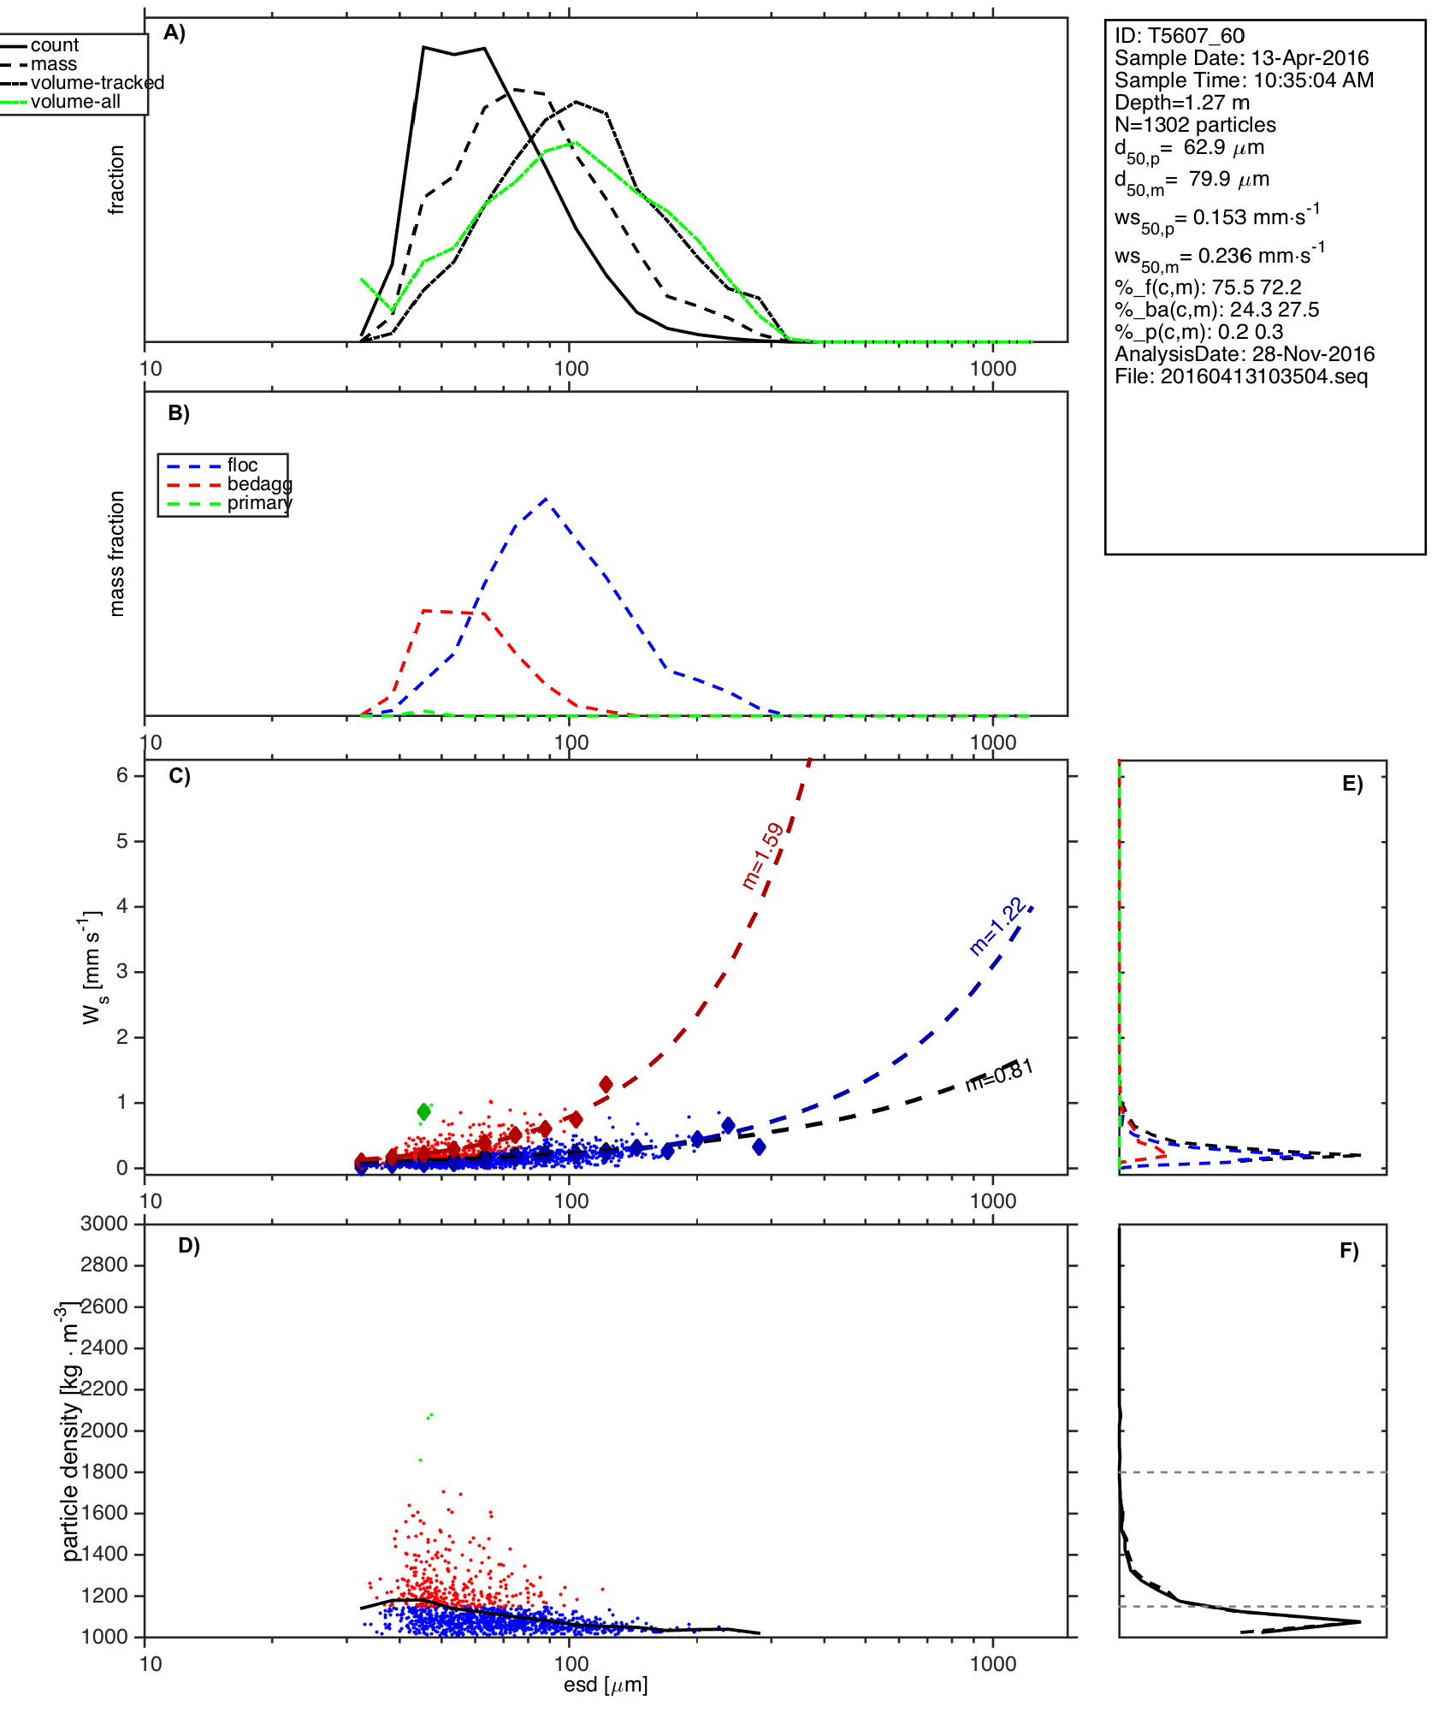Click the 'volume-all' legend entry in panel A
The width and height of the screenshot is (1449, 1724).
pos(75,102)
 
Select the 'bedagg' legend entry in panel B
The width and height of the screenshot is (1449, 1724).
pos(259,484)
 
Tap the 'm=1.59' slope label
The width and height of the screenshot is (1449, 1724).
pos(763,856)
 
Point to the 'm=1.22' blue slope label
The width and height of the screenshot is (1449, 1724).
pos(997,926)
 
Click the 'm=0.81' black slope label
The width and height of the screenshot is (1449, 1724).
pos(1000,1075)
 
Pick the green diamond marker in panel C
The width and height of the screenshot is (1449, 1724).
pos(423,1111)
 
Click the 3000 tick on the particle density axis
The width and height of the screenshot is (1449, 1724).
pos(103,1223)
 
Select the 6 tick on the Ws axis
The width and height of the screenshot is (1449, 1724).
pos(122,775)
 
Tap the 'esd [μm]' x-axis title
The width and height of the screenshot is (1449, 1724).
pos(606,1685)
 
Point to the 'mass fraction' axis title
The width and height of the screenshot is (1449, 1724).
pos(117,554)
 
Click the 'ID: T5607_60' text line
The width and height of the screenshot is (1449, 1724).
pos(1179,36)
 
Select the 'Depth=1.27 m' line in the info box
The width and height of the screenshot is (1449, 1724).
pos(1181,103)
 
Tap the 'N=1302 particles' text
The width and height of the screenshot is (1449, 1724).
pos(1194,125)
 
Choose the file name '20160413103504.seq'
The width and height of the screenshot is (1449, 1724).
pos(1263,376)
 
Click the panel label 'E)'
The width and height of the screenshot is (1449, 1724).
pos(1351,784)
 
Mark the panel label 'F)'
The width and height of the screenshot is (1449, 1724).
pos(1349,1251)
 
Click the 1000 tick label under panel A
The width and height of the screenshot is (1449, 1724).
pos(992,369)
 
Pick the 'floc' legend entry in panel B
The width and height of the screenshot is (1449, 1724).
pos(242,465)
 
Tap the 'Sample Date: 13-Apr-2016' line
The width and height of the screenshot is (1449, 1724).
pos(1240,58)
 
